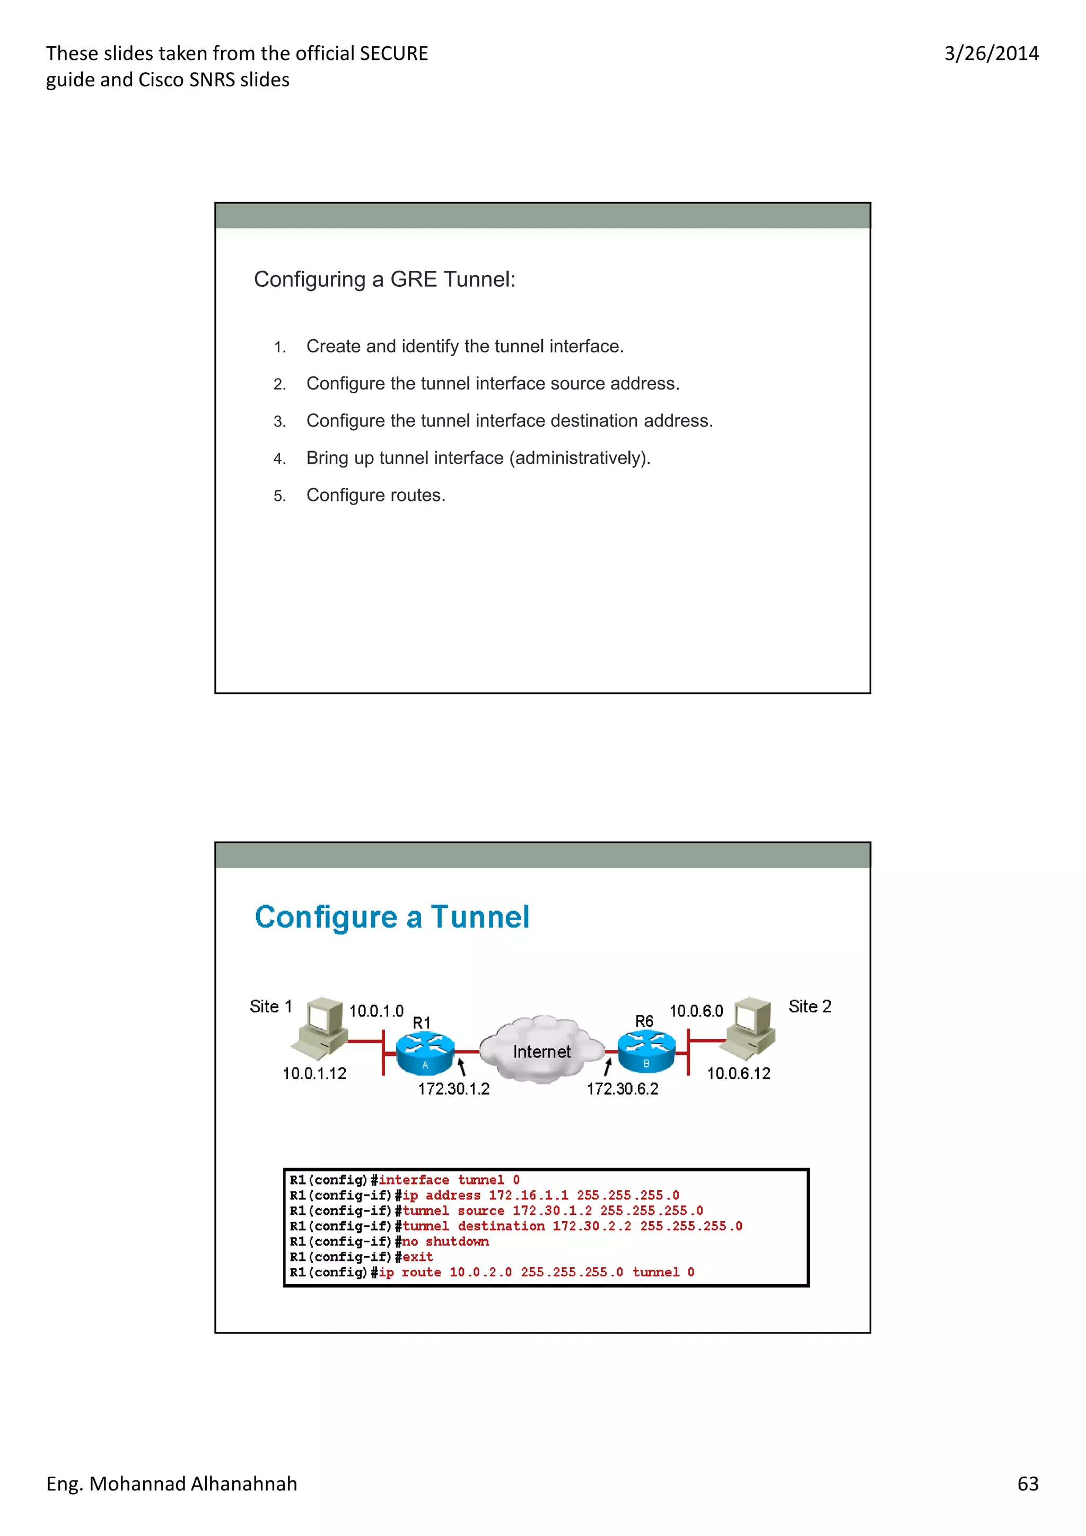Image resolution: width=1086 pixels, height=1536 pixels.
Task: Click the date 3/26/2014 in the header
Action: point(991,54)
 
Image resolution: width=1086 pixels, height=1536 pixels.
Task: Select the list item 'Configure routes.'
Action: point(375,495)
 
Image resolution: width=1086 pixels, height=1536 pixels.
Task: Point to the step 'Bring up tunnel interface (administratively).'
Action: point(478,458)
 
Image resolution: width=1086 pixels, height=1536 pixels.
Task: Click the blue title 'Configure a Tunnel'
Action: point(392,916)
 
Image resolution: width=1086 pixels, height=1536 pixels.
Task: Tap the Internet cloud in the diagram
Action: point(541,1049)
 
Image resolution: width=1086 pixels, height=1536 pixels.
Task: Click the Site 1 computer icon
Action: point(320,1028)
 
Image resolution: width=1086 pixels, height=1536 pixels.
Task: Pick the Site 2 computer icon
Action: point(751,1028)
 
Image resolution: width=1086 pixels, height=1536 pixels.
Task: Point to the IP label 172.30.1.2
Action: point(454,1089)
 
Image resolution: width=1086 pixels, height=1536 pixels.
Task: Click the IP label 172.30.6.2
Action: point(623,1089)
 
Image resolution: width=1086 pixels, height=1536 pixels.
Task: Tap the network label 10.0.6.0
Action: point(696,1011)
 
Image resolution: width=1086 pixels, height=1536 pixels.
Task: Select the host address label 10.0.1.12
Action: point(314,1074)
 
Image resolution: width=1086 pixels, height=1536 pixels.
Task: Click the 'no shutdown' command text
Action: point(445,1242)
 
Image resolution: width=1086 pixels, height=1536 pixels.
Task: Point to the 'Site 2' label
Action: point(809,1007)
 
